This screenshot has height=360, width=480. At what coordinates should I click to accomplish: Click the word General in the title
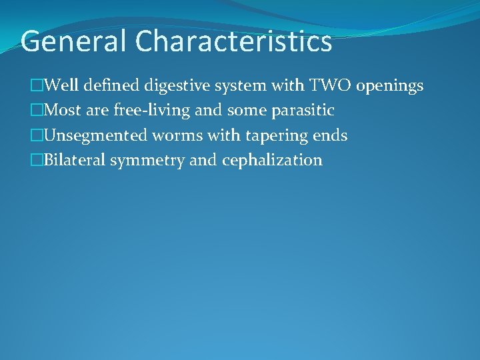click(x=74, y=41)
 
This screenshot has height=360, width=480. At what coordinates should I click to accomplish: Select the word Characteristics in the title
click(x=233, y=41)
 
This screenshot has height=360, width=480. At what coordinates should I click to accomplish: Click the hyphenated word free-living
click(x=151, y=111)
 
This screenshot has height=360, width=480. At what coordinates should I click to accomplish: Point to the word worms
click(x=176, y=135)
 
